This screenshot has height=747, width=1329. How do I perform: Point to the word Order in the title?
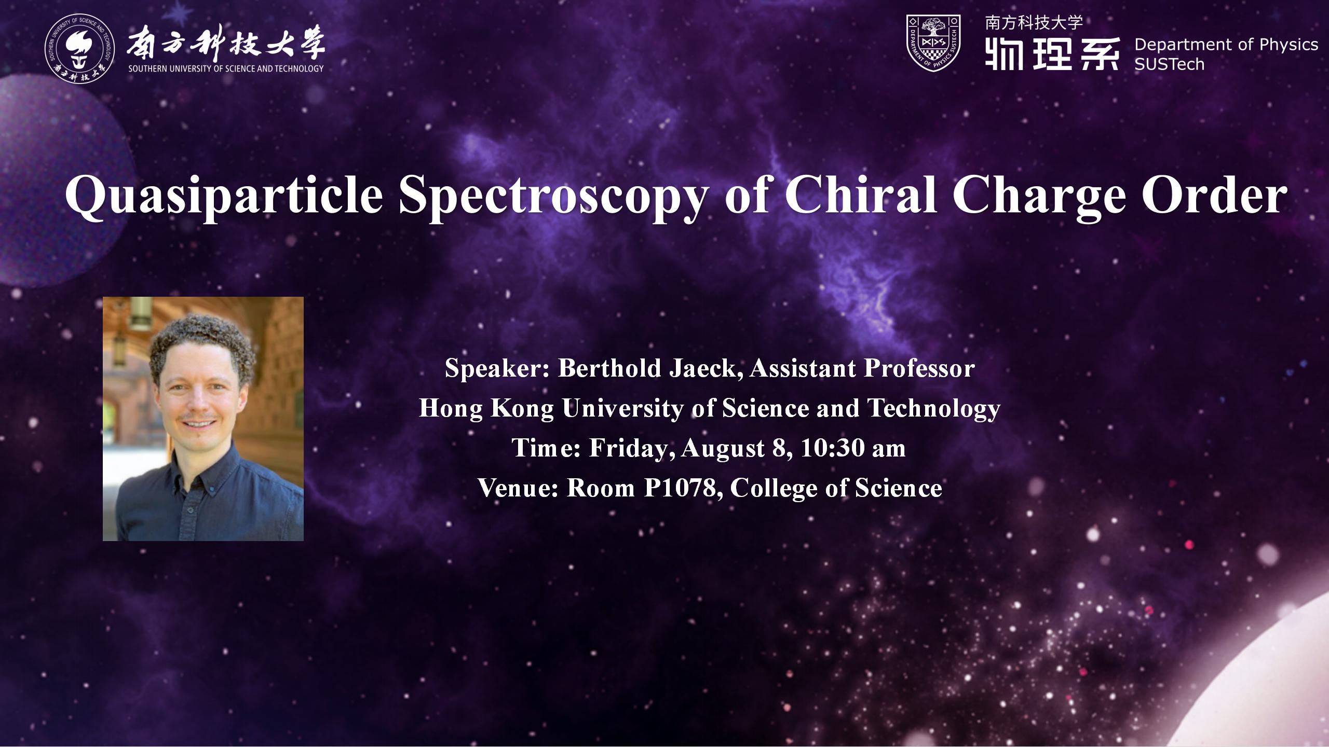1214,195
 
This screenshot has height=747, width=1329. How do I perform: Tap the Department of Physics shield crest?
933,43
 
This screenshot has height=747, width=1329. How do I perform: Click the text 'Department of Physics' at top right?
1226,45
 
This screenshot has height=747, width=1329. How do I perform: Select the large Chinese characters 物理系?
1052,53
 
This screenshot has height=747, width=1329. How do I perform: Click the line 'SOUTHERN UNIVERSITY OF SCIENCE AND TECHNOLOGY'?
226,68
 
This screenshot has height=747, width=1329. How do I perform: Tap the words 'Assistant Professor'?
862,368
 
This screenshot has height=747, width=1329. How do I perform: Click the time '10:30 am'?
853,448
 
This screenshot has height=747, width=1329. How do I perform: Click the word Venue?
518,488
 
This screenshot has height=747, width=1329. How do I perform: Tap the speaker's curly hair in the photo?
202,342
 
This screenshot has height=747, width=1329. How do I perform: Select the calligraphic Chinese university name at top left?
226,43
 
